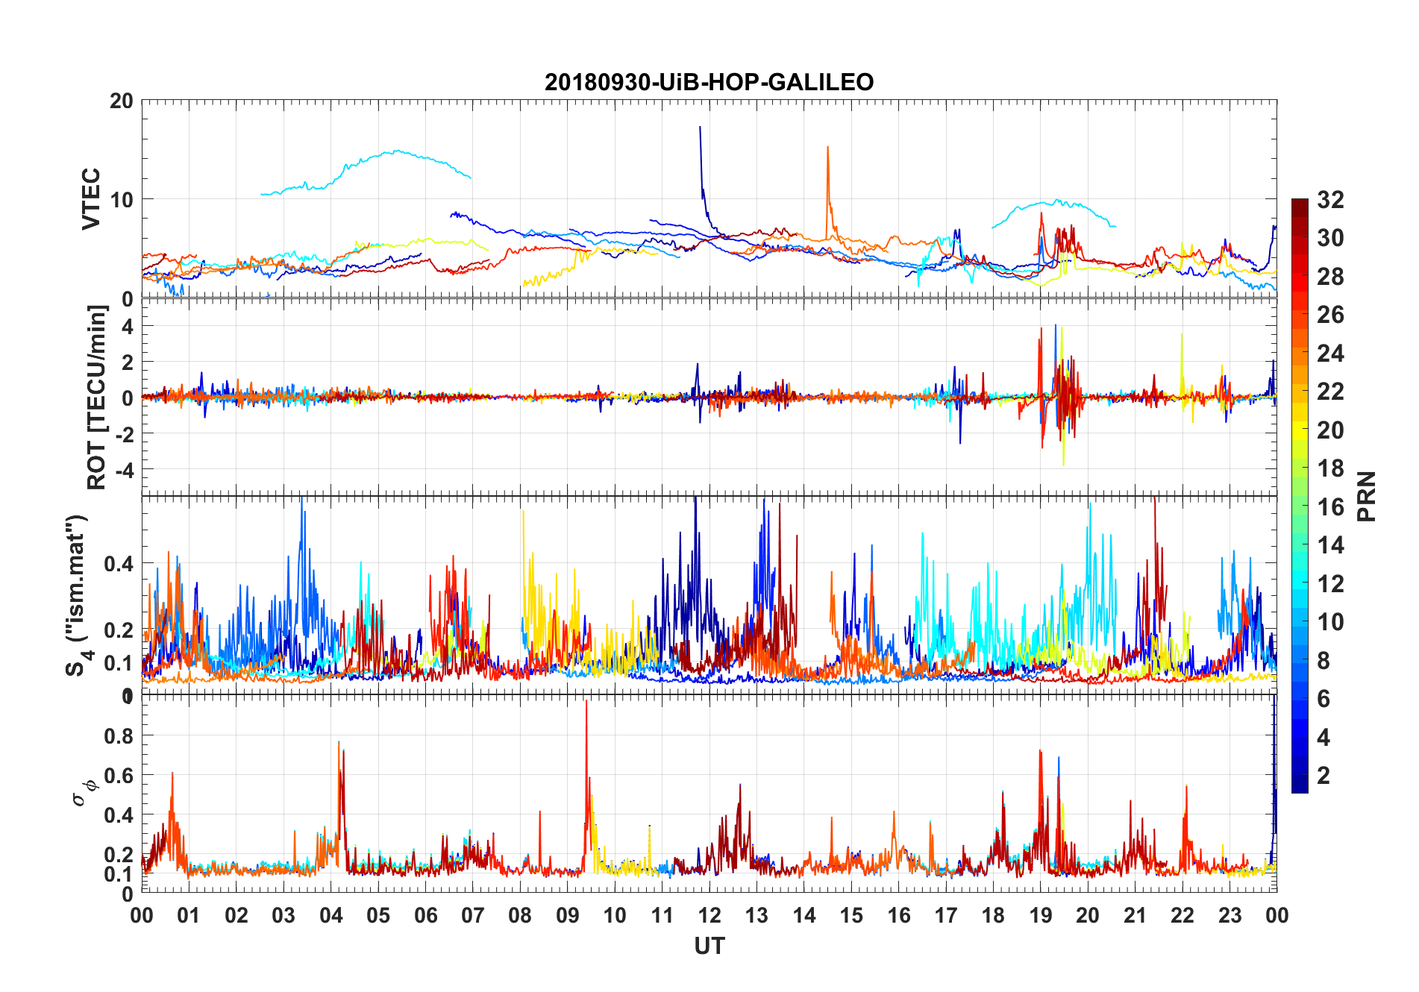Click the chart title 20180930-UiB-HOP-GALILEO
click(709, 82)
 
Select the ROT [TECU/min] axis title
click(97, 397)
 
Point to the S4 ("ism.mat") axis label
click(78, 595)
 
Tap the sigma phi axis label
click(84, 791)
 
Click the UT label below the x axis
click(709, 947)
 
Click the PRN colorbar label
click(1367, 496)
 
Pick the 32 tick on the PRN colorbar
click(1330, 200)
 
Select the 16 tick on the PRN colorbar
click(1330, 507)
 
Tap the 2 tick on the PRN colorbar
click(1324, 776)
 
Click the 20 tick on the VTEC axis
click(122, 101)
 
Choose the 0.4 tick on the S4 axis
click(119, 564)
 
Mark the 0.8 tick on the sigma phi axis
click(119, 735)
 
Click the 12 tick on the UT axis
click(709, 915)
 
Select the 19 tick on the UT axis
click(1041, 915)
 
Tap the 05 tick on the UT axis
click(378, 915)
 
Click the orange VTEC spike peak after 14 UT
click(827, 148)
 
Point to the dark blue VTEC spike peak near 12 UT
click(700, 128)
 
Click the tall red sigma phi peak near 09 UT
click(586, 702)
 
